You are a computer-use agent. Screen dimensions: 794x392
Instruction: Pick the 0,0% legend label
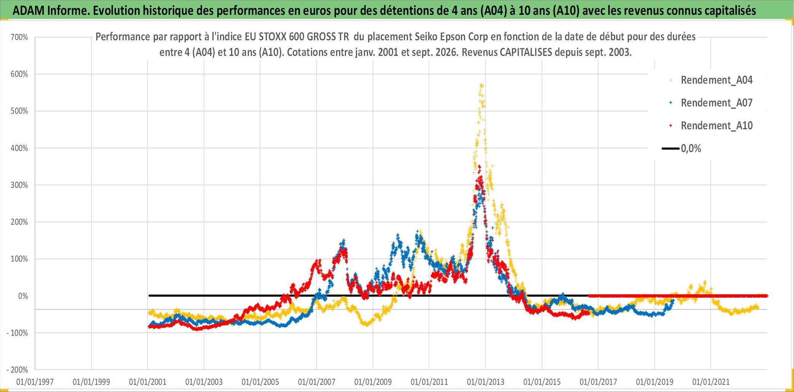pyautogui.click(x=691, y=149)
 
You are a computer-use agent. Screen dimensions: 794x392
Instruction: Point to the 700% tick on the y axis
pyautogui.click(x=19, y=37)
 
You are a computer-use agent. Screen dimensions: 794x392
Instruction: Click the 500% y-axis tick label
pyautogui.click(x=19, y=111)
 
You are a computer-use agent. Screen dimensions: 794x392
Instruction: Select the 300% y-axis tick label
pyautogui.click(x=19, y=185)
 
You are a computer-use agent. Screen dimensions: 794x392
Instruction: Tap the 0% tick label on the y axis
pyautogui.click(x=23, y=296)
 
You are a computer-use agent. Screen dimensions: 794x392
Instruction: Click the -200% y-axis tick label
pyautogui.click(x=18, y=370)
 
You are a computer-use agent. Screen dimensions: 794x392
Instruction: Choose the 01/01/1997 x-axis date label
pyautogui.click(x=35, y=382)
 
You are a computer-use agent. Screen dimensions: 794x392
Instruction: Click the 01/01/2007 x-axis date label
pyautogui.click(x=317, y=382)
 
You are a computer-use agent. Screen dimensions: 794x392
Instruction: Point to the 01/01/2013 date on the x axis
pyautogui.click(x=486, y=382)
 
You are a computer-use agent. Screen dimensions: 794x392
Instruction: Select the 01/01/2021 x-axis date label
pyautogui.click(x=711, y=382)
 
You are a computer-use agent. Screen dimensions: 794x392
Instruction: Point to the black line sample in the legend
pyautogui.click(x=671, y=149)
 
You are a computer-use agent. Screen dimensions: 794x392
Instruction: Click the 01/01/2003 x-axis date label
pyautogui.click(x=204, y=382)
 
